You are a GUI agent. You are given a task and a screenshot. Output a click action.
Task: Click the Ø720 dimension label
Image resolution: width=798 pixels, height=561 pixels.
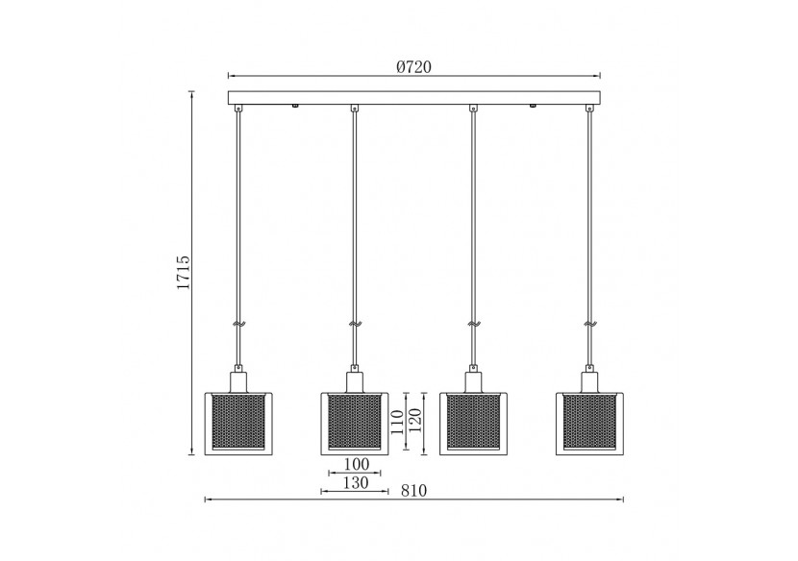click(x=413, y=66)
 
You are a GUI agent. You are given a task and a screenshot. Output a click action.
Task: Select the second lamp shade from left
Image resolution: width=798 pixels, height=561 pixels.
click(x=354, y=422)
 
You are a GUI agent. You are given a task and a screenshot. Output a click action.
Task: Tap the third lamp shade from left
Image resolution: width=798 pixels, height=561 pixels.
click(x=472, y=422)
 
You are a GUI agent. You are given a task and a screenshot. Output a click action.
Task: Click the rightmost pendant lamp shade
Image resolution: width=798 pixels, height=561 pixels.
click(x=588, y=422)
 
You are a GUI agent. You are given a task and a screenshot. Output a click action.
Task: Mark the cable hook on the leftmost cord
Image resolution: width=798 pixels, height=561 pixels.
click(x=240, y=325)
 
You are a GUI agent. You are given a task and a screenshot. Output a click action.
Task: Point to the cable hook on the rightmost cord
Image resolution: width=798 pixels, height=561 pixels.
click(x=589, y=325)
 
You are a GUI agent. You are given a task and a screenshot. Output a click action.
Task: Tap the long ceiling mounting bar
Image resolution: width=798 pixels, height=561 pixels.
click(x=413, y=97)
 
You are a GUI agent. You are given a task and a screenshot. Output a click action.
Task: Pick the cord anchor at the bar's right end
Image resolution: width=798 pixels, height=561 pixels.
click(x=588, y=109)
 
